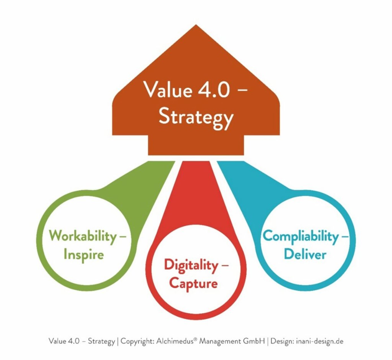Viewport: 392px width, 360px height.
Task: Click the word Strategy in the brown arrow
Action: [x=196, y=117]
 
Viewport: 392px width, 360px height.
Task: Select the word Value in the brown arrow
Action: [x=168, y=90]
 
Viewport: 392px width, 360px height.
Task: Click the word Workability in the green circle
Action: [x=83, y=235]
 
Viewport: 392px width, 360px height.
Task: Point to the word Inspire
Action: [x=84, y=254]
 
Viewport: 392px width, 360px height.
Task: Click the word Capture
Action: [x=194, y=283]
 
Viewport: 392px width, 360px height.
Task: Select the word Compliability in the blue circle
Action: [x=300, y=236]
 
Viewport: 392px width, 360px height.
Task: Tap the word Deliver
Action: [x=305, y=254]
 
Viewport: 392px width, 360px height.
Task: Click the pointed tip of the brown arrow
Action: [x=196, y=26]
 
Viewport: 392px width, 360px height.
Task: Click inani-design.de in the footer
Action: [x=320, y=341]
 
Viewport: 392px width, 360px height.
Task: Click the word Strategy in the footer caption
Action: [x=101, y=341]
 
